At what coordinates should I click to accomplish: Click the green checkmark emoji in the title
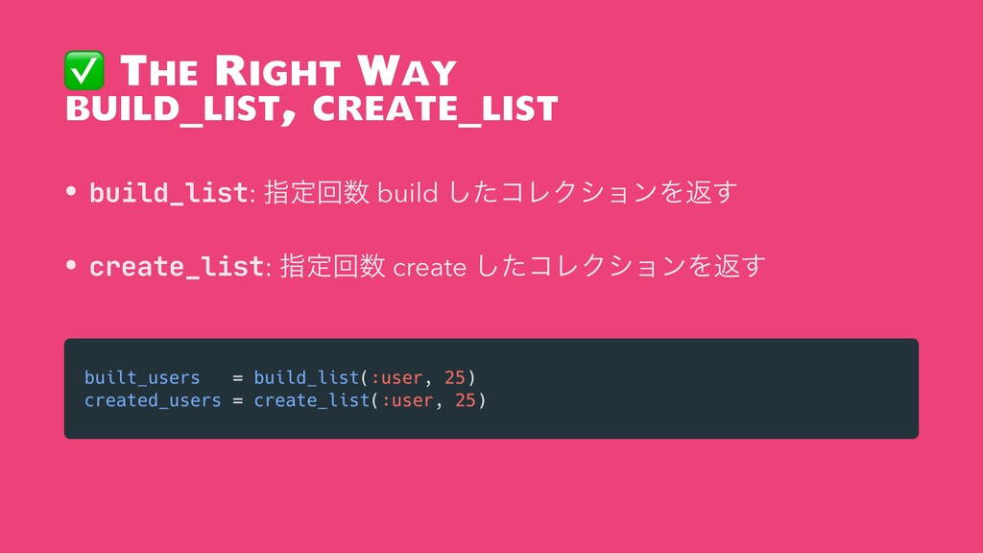[x=84, y=70]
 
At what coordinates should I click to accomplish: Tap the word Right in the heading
[x=277, y=70]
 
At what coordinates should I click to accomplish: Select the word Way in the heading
[x=406, y=70]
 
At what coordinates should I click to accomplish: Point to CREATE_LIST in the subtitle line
[x=435, y=108]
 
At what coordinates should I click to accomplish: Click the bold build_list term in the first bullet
[x=169, y=192]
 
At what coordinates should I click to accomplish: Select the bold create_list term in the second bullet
[x=177, y=267]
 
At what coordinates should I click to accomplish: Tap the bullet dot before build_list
[x=71, y=190]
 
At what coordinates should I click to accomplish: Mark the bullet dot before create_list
[x=71, y=265]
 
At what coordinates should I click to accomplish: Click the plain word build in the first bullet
[x=407, y=192]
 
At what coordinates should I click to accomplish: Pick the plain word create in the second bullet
[x=429, y=268]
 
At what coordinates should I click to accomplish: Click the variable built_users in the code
[x=142, y=377]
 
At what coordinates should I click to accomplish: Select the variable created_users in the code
[x=153, y=400]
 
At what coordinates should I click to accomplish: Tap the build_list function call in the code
[x=306, y=377]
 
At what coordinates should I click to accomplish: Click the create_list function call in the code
[x=312, y=400]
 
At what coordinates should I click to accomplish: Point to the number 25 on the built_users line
[x=454, y=377]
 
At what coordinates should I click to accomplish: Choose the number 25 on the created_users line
[x=466, y=400]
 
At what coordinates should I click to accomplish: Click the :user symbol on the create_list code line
[x=407, y=400]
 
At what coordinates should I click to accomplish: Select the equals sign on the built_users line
[x=238, y=377]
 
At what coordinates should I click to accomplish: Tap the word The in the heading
[x=158, y=70]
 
